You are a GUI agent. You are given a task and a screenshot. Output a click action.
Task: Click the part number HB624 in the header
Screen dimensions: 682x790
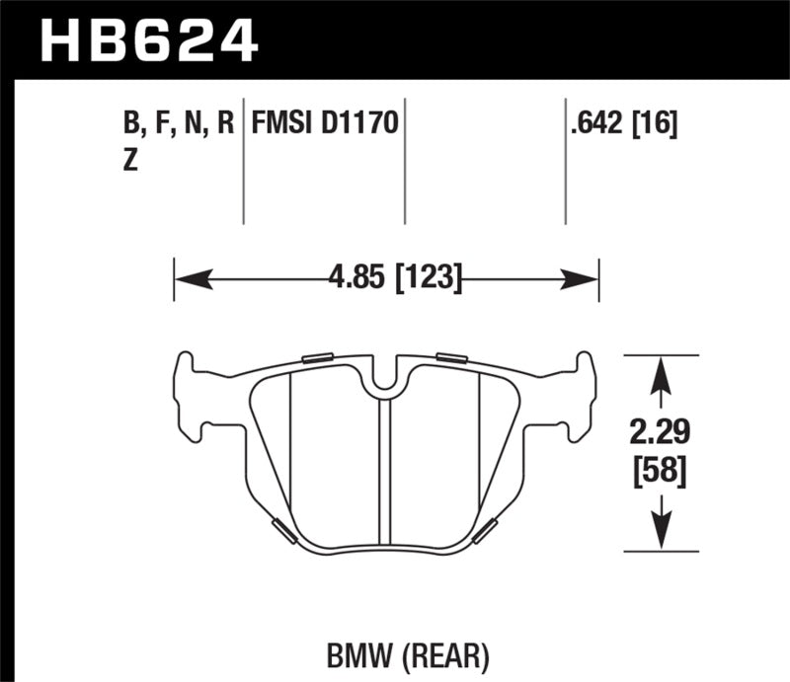point(147,41)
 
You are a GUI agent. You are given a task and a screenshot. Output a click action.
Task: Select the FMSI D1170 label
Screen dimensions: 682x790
point(325,124)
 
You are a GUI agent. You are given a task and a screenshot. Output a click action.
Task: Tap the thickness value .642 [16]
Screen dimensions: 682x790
point(621,124)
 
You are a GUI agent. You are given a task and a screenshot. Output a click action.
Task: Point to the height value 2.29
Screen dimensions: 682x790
point(660,432)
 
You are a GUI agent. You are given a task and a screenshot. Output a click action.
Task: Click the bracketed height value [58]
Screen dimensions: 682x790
point(660,472)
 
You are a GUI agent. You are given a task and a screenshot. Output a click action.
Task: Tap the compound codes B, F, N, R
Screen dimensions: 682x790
point(178,124)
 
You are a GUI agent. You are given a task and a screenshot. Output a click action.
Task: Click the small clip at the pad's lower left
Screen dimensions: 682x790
point(282,530)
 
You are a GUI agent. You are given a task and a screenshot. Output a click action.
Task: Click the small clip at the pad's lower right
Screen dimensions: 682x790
point(485,530)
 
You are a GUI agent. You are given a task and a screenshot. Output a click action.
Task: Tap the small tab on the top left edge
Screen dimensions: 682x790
point(317,357)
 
